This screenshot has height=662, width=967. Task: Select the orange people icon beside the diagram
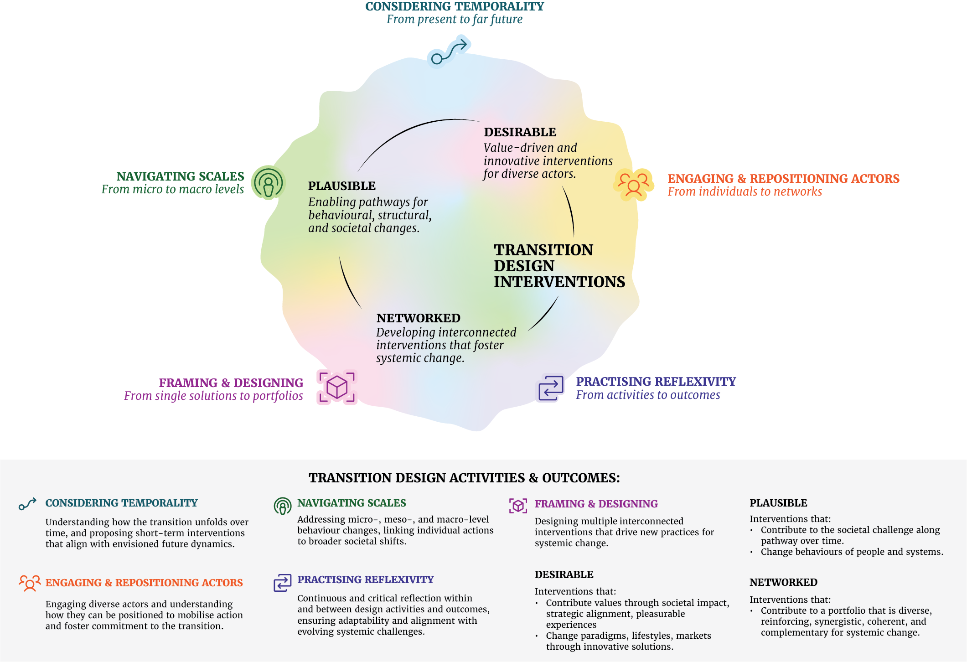[x=633, y=184]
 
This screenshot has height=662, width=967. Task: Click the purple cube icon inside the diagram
[x=337, y=387]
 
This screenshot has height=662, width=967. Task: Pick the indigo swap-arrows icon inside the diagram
[x=551, y=388]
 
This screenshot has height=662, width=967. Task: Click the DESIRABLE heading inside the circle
[x=520, y=132]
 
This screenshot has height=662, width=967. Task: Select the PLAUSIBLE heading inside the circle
[x=341, y=186]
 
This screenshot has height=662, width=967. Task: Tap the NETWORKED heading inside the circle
[x=418, y=318]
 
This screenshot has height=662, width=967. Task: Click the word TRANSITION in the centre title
[x=543, y=250]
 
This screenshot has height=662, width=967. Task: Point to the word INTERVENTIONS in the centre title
[x=559, y=282]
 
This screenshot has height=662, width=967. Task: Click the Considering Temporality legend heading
[x=121, y=503]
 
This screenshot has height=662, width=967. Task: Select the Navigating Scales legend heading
[x=352, y=503]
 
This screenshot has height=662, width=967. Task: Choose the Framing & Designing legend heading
[x=596, y=504]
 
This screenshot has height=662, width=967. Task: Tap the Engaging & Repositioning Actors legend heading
[x=144, y=583]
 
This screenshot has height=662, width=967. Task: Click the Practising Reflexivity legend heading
[x=365, y=579]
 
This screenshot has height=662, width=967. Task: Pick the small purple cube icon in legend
[x=518, y=505]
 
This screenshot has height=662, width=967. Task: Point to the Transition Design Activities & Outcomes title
[x=464, y=478]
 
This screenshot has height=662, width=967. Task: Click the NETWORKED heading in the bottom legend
[x=783, y=582]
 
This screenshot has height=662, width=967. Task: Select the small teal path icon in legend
[x=27, y=504]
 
